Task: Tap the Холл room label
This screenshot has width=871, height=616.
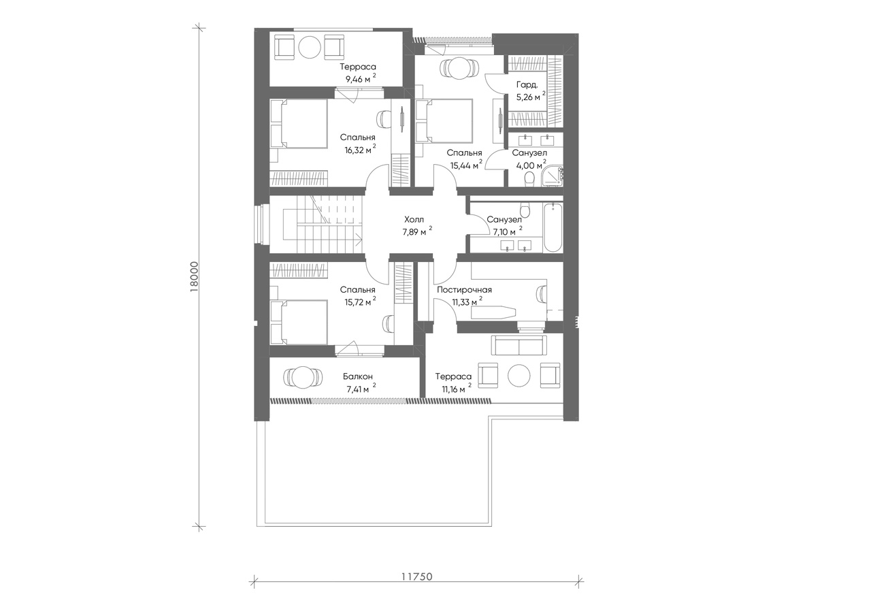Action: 414,219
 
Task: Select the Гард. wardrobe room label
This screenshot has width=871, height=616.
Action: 527,85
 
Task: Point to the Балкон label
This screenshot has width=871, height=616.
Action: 358,376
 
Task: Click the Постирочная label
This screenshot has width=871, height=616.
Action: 464,290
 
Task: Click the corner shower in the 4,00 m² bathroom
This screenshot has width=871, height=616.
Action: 552,176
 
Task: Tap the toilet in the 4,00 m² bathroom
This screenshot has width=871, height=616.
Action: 529,179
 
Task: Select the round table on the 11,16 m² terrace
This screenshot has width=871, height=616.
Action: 519,375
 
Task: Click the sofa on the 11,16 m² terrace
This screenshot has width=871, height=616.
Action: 517,345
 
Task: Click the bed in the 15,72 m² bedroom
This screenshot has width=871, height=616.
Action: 299,322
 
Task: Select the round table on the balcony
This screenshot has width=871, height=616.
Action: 303,376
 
